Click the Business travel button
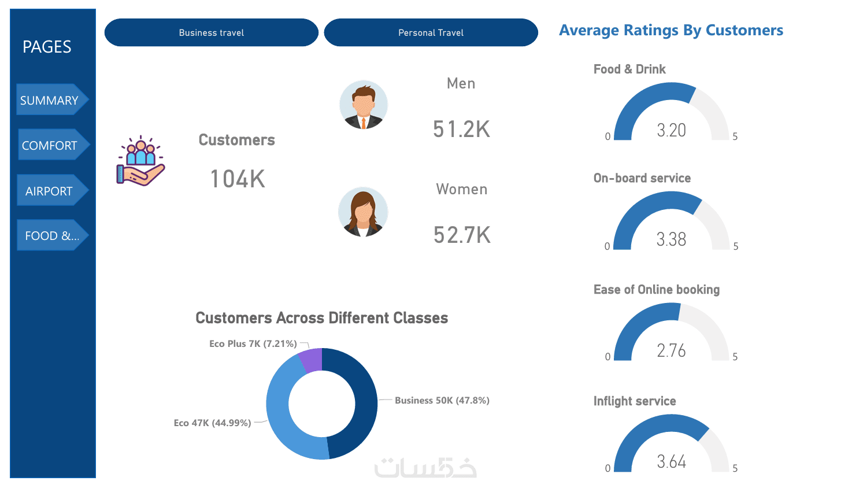[211, 32]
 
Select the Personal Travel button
[431, 32]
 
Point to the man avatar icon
[363, 105]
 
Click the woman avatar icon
[362, 212]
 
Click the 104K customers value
[238, 179]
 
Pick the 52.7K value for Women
[462, 235]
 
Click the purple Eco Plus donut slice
[311, 359]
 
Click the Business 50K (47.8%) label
[442, 400]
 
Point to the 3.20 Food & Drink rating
[671, 130]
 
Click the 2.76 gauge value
[671, 350]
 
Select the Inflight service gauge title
[634, 401]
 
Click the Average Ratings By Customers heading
[671, 30]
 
